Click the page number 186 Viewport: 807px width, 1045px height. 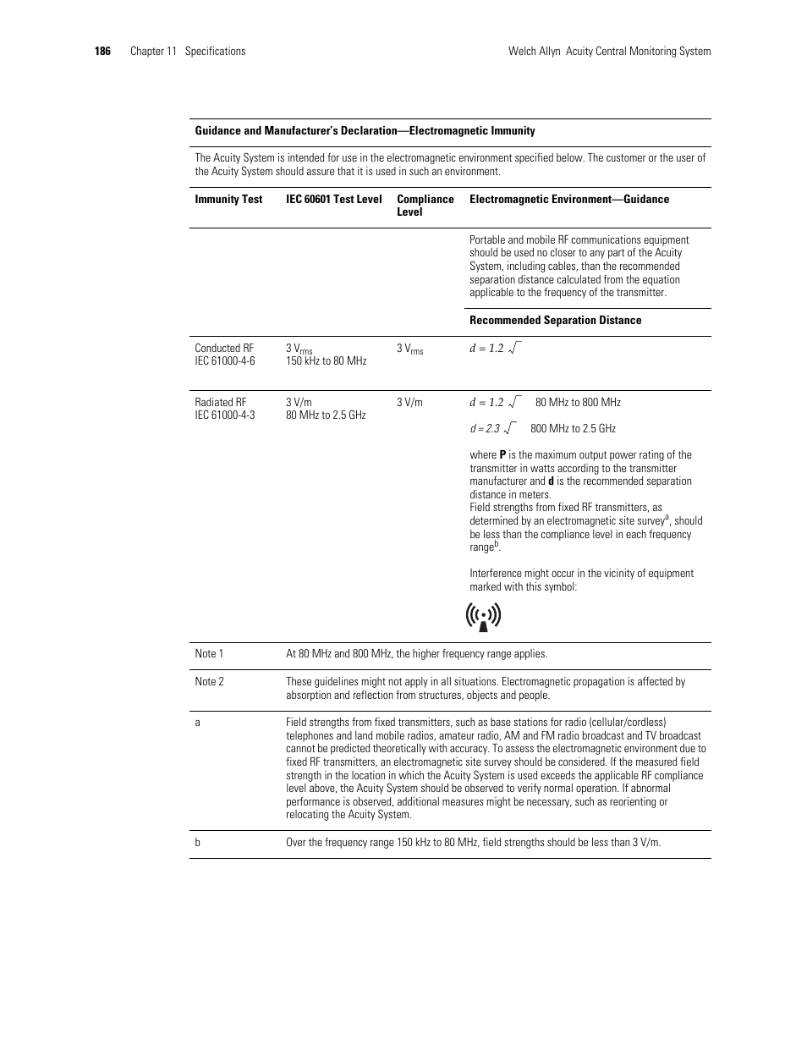click(102, 52)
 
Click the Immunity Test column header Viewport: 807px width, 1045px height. click(228, 200)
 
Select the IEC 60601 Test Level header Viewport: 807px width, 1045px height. click(333, 200)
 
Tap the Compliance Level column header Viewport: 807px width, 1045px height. click(425, 206)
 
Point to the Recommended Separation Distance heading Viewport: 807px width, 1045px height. click(555, 321)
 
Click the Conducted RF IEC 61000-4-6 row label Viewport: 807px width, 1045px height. click(224, 355)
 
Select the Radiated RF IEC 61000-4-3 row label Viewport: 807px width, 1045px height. click(224, 409)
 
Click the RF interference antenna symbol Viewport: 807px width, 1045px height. click(483, 617)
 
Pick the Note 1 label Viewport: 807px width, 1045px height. click(209, 654)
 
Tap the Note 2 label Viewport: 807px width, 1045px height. click(209, 682)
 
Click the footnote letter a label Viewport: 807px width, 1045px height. click(198, 723)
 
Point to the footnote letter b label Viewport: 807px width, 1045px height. click(198, 843)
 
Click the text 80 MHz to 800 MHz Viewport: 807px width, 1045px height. click(578, 403)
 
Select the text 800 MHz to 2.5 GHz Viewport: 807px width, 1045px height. click(573, 429)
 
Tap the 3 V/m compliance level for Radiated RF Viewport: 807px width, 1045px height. click(409, 403)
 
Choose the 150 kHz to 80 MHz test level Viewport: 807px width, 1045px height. click(326, 361)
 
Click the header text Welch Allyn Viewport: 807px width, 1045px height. click(535, 52)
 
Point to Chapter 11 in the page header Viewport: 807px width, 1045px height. click(153, 52)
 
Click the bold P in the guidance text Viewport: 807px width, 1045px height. click(502, 455)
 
